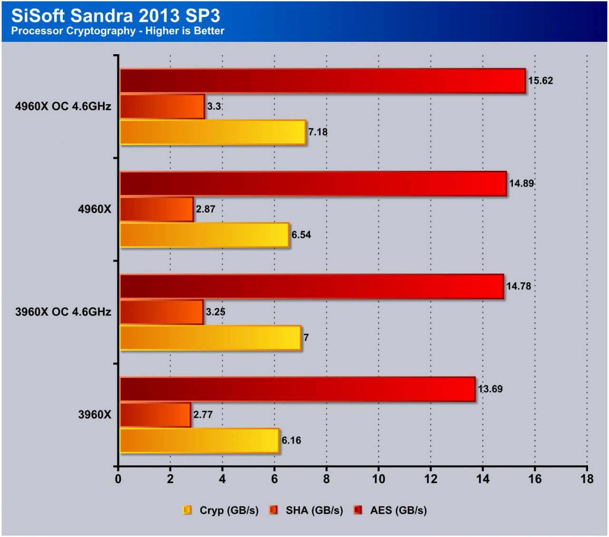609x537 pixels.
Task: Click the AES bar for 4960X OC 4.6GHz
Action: click(x=323, y=81)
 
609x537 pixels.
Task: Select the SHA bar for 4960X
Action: click(x=157, y=209)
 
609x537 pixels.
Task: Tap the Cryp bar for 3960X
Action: click(x=199, y=440)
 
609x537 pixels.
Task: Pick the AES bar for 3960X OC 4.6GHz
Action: click(x=312, y=286)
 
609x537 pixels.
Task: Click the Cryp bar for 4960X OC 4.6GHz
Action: click(x=212, y=132)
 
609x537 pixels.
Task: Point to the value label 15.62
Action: click(x=540, y=81)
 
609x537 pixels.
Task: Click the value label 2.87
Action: click(x=206, y=209)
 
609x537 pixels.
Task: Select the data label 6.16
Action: click(x=291, y=440)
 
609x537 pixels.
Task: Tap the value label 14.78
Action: click(x=519, y=286)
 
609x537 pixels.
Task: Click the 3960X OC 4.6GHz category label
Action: click(x=63, y=312)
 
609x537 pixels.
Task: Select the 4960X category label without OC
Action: click(x=94, y=209)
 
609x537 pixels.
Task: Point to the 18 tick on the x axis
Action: click(x=587, y=479)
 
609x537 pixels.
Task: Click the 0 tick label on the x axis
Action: click(x=118, y=479)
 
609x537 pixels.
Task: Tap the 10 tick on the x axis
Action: click(x=379, y=479)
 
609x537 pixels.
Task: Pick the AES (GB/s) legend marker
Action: click(x=358, y=510)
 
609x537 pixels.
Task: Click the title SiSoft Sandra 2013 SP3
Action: click(x=116, y=16)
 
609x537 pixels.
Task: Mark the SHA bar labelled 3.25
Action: click(x=161, y=312)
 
